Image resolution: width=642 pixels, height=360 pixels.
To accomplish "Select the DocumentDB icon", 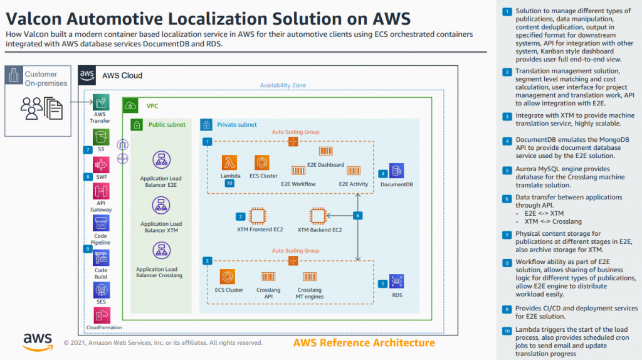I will tap(396, 171).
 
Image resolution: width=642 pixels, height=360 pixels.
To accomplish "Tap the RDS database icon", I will tap(396, 282).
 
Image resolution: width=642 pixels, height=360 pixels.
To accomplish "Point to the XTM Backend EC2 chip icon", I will tap(319, 216).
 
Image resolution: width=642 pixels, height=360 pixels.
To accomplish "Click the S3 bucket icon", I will tap(100, 136).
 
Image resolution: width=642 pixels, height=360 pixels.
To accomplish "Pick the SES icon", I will tap(100, 289).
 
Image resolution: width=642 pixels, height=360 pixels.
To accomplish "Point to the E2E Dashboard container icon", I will tap(326, 152).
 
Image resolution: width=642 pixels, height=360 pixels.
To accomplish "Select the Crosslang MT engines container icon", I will tap(309, 277).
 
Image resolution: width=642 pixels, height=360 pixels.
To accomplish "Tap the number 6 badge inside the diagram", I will tap(358, 216).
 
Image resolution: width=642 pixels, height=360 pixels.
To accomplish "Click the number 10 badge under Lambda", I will tap(229, 184).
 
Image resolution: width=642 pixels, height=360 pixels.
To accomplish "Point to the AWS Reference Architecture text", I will tap(364, 342).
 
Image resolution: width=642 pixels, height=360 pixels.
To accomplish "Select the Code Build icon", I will tap(100, 258).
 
